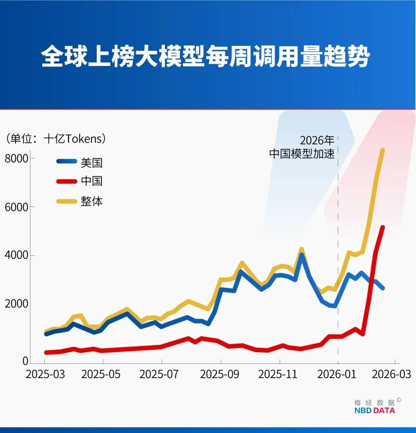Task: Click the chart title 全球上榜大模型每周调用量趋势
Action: (x=205, y=57)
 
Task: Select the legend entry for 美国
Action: (x=91, y=162)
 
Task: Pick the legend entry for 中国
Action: (x=91, y=181)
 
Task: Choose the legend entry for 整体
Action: (x=91, y=201)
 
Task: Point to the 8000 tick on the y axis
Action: (x=17, y=158)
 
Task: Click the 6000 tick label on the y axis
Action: (x=17, y=207)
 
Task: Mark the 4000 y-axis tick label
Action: (x=17, y=256)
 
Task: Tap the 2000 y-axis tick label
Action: (x=17, y=304)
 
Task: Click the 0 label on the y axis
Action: (x=25, y=361)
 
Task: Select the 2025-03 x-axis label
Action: (x=45, y=374)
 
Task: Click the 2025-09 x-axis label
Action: (x=220, y=374)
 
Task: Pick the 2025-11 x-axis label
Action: (x=278, y=374)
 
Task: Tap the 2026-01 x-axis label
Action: (x=337, y=374)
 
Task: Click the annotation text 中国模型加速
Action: (x=302, y=154)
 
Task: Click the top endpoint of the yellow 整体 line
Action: (x=382, y=150)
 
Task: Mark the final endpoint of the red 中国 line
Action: (x=382, y=227)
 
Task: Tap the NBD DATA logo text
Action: (x=374, y=410)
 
